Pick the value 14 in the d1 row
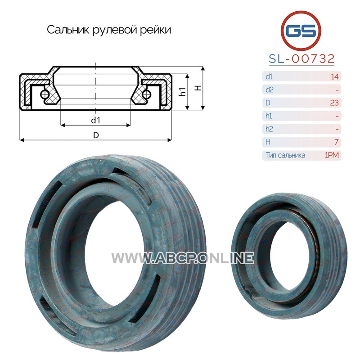(334, 76)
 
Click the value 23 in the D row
(334, 103)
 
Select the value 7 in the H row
(336, 142)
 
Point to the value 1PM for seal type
(332, 155)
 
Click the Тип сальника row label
(285, 155)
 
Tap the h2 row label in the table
(269, 129)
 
